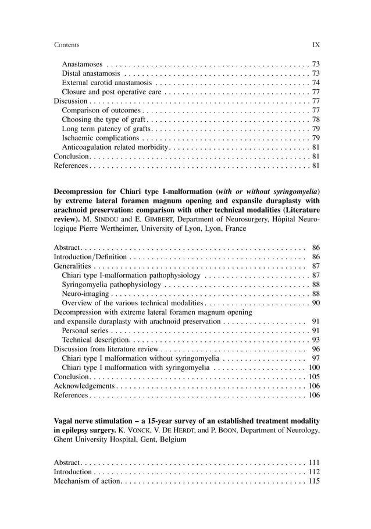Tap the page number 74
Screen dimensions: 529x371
316,83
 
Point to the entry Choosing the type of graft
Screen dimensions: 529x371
104,119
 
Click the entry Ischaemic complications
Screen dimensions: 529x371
100,138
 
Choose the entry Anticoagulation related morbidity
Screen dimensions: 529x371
115,147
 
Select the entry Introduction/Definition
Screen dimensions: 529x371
90,256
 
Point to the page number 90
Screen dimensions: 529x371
316,303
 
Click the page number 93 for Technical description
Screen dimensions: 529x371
316,340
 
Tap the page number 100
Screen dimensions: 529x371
314,367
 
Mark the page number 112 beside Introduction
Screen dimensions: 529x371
314,471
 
